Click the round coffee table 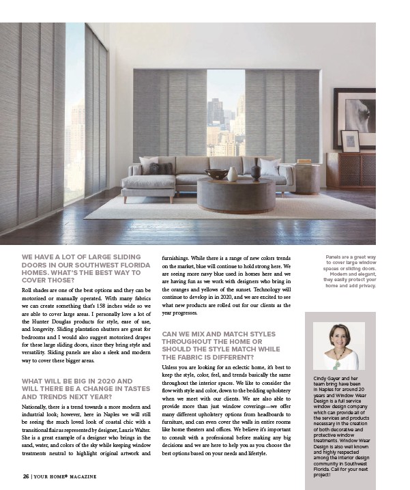[x=235, y=194]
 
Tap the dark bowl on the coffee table [x=217, y=175]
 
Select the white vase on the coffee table [x=233, y=174]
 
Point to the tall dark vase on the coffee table [x=256, y=172]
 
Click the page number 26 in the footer [x=25, y=476]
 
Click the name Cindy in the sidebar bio [x=321, y=377]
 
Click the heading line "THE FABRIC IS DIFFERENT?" [x=207, y=357]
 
